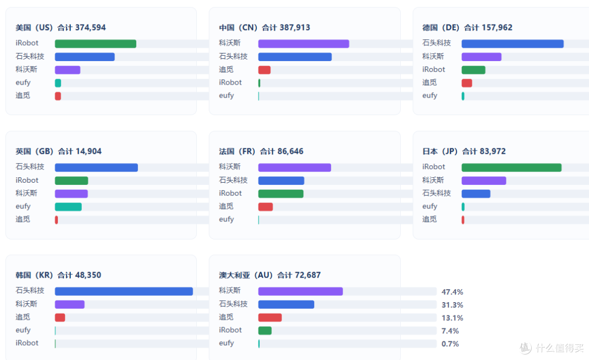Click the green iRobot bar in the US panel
pos(95,44)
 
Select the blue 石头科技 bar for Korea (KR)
pos(124,291)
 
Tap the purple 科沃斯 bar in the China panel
pos(304,44)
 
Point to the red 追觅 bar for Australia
pos(270,317)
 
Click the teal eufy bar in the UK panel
pos(68,207)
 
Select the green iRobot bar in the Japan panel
pos(512,167)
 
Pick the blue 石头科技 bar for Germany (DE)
pos(513,44)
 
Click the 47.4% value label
pos(452,292)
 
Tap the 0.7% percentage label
pos(450,344)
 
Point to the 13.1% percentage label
pos(452,318)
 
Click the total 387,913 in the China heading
pos(295,27)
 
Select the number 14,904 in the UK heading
pos(88,151)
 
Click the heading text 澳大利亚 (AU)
pos(245,275)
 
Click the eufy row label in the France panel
pos(226,219)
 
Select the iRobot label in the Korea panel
pos(27,343)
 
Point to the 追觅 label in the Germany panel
pos(429,82)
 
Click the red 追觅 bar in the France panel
pos(266,207)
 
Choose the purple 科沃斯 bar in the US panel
pos(68,70)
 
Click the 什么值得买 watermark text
pos(560,348)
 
